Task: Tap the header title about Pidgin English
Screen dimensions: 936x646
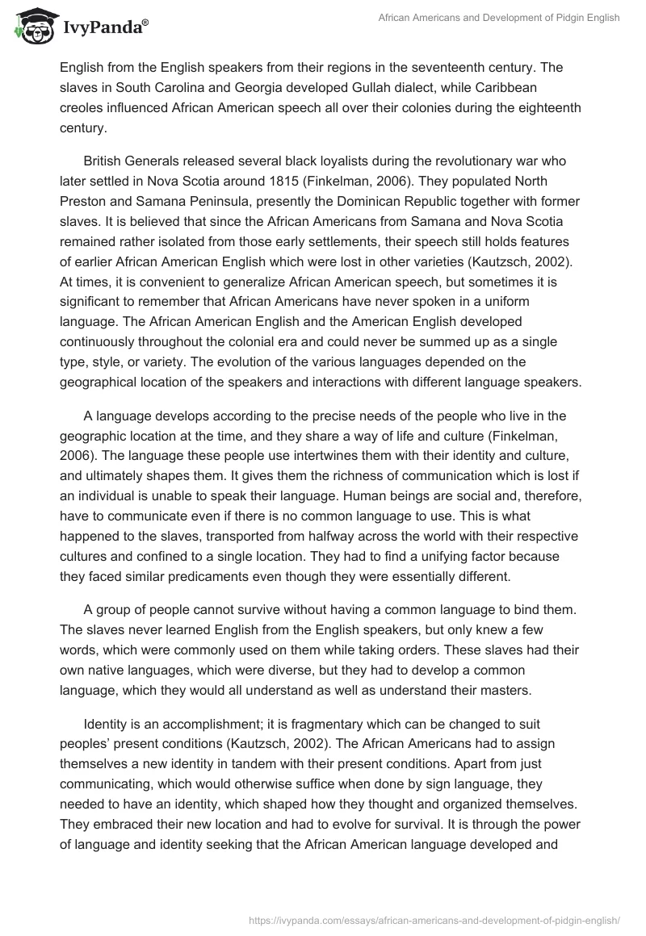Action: (x=498, y=19)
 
